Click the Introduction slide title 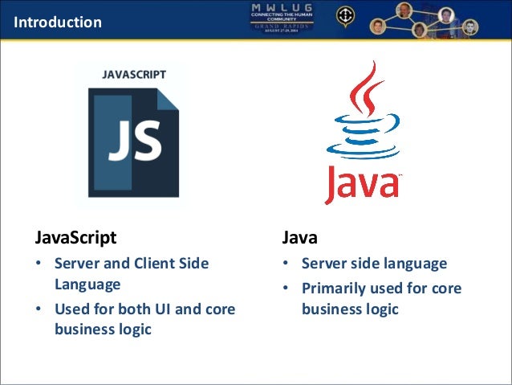point(58,22)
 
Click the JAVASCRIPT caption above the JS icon point(134,74)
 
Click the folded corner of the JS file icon point(167,99)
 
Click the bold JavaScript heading point(76,238)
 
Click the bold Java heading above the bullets point(299,238)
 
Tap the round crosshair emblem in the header point(344,16)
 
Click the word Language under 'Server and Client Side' point(87,284)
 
